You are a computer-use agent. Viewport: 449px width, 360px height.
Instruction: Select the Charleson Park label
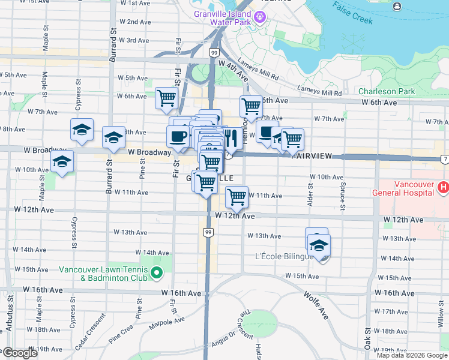point(387,92)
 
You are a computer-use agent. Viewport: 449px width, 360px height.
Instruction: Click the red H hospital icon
point(444,188)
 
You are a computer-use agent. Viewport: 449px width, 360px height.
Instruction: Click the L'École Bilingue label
point(284,257)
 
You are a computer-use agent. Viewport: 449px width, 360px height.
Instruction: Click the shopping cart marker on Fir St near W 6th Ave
point(166,98)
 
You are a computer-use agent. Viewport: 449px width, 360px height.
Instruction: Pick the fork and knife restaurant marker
point(232,137)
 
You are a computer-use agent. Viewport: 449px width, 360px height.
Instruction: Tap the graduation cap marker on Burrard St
point(113,137)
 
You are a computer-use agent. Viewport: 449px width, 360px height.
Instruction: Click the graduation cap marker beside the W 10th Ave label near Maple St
point(61,161)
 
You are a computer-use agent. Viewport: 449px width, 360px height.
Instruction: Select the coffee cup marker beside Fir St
point(178,136)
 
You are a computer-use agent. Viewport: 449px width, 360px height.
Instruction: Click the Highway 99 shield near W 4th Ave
point(214,53)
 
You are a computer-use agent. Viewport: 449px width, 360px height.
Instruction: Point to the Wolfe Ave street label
point(315,304)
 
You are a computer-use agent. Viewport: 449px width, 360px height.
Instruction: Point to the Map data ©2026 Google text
point(412,355)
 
